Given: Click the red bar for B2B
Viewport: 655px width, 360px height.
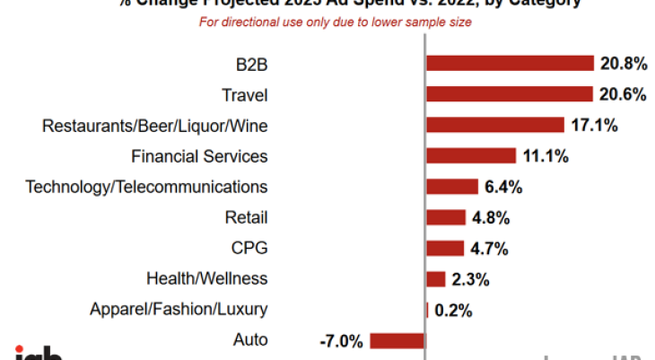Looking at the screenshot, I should point(510,63).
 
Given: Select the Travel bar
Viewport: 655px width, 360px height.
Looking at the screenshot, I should point(509,94).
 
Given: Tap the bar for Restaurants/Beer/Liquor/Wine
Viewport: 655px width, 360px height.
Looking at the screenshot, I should point(494,125).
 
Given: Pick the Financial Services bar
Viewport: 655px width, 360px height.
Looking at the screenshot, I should point(471,156).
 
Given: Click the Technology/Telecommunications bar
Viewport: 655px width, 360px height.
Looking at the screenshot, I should point(452,187).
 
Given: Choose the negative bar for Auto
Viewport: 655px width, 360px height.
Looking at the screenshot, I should point(397,340).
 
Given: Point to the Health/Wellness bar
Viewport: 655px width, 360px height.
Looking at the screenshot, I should point(436,279).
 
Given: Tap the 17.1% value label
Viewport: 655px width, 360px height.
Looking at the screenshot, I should point(593,126).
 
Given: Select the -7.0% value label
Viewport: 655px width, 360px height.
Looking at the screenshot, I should point(341,341).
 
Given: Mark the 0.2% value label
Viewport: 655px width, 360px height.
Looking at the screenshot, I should point(453,310).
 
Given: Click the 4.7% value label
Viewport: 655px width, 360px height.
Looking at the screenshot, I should point(491,249).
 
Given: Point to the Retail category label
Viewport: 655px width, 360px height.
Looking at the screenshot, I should point(246,217).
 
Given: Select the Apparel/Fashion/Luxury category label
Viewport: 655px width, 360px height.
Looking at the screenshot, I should point(179,310).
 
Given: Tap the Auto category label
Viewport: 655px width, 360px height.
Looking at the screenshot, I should point(249,340).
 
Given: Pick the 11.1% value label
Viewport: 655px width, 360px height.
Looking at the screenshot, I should point(546,156).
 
